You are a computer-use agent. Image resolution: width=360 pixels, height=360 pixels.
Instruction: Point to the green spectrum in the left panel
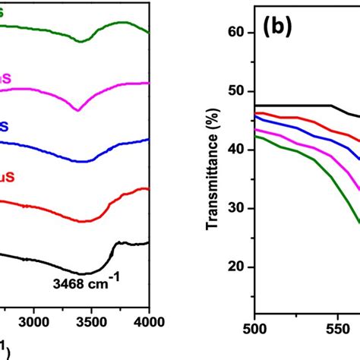pyautogui.click(x=46, y=30)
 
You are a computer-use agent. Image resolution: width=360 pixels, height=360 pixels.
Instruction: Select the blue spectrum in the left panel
pyautogui.click(x=46, y=142)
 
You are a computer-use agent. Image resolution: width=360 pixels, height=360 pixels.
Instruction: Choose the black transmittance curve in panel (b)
pyautogui.click(x=304, y=105)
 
